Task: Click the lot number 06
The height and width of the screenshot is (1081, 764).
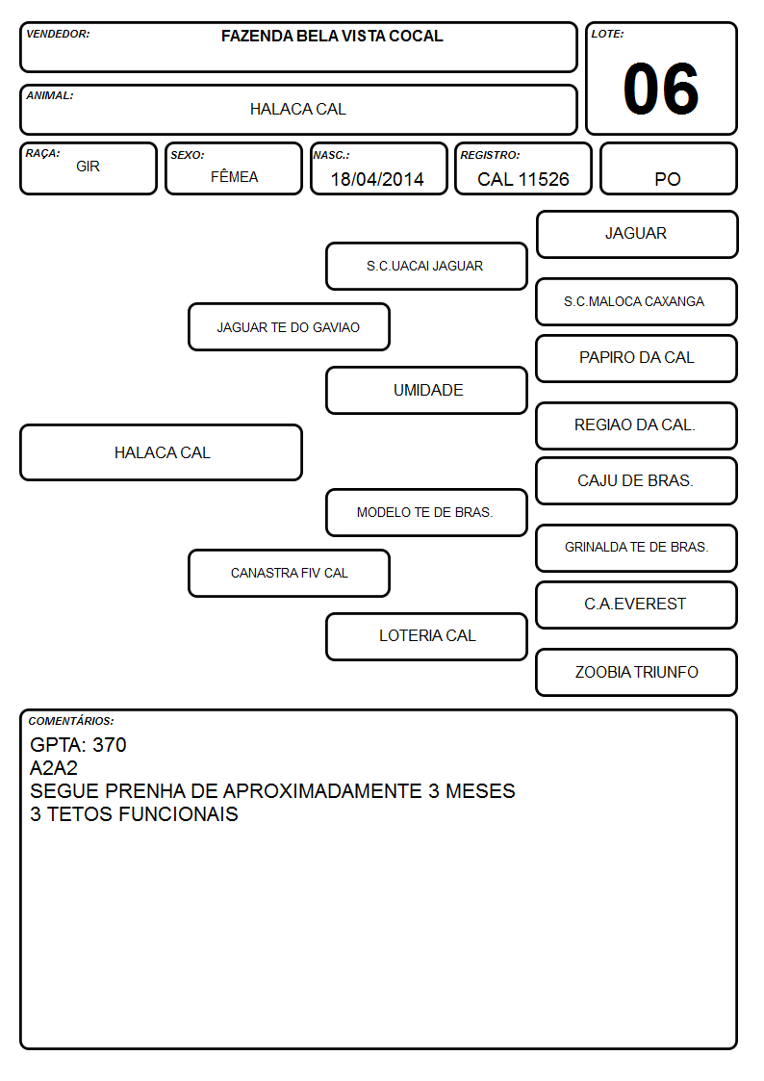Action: tap(661, 89)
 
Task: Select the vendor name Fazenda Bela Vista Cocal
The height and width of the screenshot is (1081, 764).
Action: tap(332, 36)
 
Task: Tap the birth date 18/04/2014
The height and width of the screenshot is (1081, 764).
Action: tap(377, 179)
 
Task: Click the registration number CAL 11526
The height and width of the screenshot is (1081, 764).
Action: tap(522, 179)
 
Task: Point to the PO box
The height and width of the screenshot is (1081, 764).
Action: tap(668, 168)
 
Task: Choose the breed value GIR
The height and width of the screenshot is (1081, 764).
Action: tap(89, 167)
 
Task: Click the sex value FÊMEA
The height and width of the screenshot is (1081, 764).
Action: tap(234, 176)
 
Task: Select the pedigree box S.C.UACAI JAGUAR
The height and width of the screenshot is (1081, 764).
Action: tap(426, 266)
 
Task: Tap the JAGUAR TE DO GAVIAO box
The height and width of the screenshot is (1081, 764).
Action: tap(289, 326)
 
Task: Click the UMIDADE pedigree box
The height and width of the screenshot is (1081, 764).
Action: tap(426, 390)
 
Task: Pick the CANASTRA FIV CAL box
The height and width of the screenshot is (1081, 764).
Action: tap(289, 573)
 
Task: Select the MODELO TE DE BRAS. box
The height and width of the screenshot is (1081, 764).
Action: tap(426, 512)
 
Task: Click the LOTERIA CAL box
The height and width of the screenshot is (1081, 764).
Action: tap(426, 636)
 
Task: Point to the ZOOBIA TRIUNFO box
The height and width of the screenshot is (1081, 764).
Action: tap(637, 672)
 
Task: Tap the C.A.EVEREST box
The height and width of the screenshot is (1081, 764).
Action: tap(637, 605)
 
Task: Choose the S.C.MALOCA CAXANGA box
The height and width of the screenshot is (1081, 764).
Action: tap(637, 301)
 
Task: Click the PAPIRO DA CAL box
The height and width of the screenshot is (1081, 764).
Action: tap(637, 358)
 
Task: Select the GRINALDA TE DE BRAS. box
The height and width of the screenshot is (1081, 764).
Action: tap(637, 548)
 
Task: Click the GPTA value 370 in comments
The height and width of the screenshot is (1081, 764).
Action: tap(110, 745)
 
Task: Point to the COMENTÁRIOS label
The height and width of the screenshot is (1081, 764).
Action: tap(71, 721)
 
